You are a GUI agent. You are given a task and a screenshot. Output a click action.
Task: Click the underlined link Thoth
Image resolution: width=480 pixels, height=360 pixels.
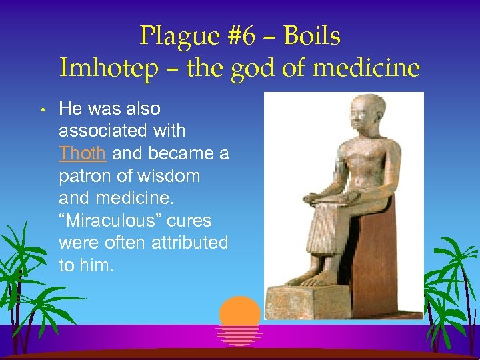click(x=82, y=154)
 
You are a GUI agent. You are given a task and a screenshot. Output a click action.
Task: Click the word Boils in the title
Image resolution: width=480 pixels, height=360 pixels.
click(x=311, y=36)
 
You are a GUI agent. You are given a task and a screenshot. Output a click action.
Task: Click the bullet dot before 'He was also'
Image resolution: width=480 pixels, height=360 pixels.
click(x=41, y=109)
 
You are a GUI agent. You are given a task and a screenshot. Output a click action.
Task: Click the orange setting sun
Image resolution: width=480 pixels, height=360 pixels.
click(x=239, y=313)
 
